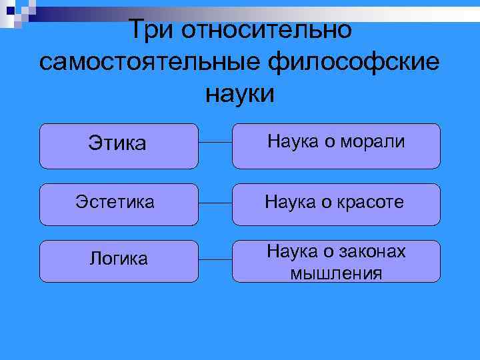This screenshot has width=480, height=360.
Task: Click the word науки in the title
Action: (x=240, y=93)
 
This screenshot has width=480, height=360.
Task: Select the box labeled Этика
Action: (x=119, y=145)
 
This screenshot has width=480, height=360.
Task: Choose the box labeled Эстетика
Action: (x=119, y=203)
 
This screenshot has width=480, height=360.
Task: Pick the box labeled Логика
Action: (x=119, y=260)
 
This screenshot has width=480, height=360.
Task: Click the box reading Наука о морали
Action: (x=336, y=145)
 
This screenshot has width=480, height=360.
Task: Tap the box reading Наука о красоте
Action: (x=336, y=203)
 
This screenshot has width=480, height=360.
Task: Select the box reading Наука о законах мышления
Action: (x=336, y=261)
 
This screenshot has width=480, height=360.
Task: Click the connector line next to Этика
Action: (x=215, y=143)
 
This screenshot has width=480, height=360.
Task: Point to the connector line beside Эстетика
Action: (x=215, y=202)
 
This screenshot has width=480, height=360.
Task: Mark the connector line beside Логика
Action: (x=215, y=257)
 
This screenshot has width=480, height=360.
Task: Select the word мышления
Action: (x=336, y=272)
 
